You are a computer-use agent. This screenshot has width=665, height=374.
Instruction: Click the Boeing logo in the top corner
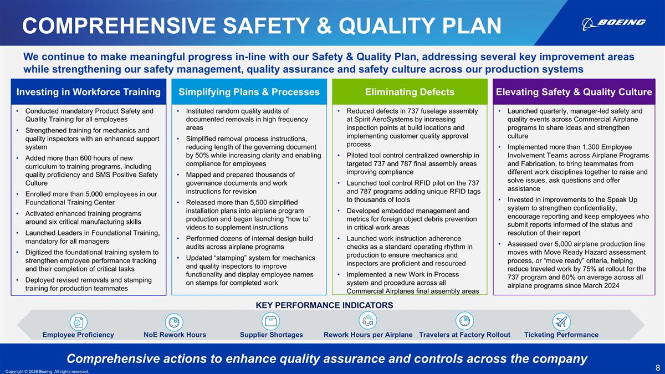point(613,23)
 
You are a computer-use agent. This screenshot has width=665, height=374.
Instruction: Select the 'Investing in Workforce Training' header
point(89,92)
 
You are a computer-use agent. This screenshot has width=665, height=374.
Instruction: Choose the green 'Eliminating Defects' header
point(410,92)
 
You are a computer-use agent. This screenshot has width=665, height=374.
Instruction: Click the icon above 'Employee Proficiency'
point(78,321)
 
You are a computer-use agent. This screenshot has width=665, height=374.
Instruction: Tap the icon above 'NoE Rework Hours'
point(174,321)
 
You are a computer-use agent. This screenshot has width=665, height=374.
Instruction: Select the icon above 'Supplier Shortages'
point(271,321)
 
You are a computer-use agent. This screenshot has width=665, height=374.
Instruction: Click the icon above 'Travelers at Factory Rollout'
point(464,321)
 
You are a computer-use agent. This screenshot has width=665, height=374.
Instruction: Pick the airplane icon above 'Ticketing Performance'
point(561,321)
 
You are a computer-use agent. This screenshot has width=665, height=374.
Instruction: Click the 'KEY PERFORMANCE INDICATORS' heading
point(324,305)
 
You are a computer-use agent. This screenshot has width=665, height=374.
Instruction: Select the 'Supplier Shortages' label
point(271,335)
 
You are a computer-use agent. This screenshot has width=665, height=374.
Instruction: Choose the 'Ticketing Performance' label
point(561,335)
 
